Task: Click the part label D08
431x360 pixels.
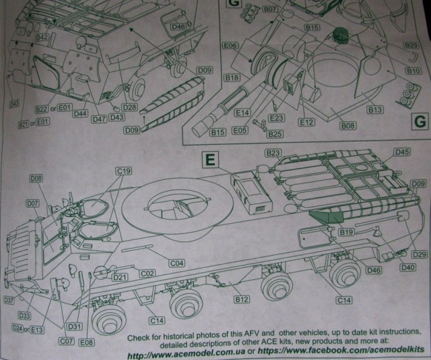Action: [x=36, y=179]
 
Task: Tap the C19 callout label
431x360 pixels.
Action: [x=123, y=171]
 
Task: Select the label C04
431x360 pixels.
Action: [x=177, y=263]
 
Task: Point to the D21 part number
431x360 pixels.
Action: [x=121, y=277]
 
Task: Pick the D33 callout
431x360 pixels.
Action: [x=25, y=316]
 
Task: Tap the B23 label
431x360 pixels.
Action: [x=273, y=154]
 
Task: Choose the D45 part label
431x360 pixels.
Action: [x=402, y=152]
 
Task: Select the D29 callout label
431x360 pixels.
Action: [x=419, y=253]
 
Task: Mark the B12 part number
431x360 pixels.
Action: [x=242, y=299]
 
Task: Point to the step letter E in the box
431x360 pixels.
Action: [x=211, y=160]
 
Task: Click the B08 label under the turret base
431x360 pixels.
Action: [x=347, y=126]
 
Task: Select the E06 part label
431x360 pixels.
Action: [x=230, y=46]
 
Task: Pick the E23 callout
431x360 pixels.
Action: [x=277, y=117]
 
